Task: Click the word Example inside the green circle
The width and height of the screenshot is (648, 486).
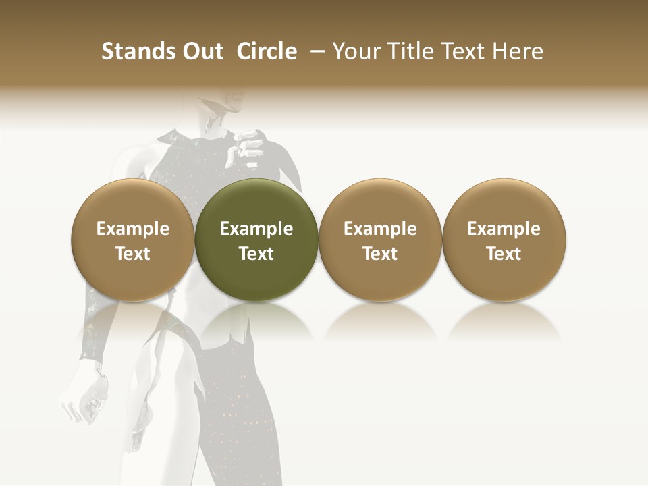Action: (x=256, y=229)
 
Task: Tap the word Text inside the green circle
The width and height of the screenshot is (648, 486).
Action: (x=256, y=254)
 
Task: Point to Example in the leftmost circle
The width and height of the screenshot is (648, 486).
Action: (x=133, y=229)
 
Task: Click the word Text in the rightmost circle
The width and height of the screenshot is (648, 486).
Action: (x=504, y=254)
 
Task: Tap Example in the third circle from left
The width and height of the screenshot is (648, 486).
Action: (x=380, y=229)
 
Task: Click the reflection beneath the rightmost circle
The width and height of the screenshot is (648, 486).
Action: (x=504, y=321)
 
